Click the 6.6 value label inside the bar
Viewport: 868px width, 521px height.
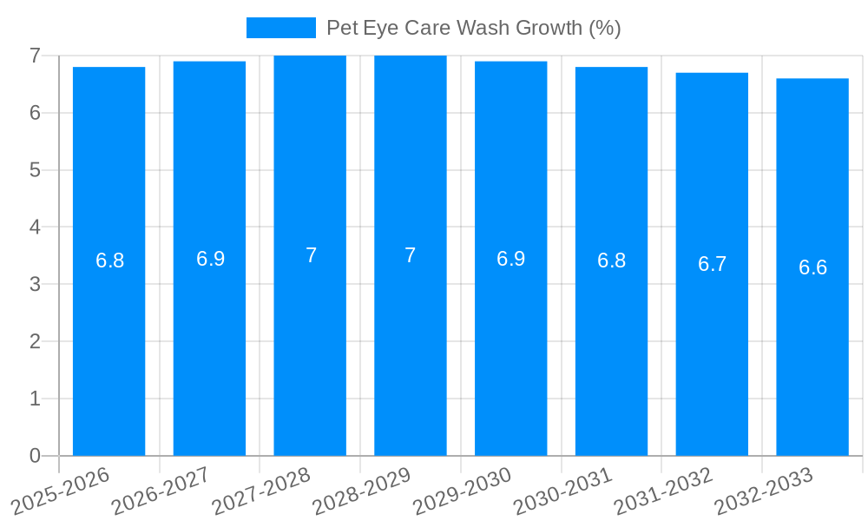(x=812, y=267)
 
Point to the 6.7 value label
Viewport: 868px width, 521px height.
(x=712, y=264)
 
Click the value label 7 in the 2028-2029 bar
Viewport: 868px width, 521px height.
(x=411, y=255)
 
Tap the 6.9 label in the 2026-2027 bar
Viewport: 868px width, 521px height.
(x=210, y=259)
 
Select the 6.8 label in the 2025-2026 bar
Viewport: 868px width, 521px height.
(x=109, y=260)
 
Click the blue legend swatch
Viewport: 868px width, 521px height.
(x=280, y=28)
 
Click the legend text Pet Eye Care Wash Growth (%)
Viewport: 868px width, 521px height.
(x=473, y=28)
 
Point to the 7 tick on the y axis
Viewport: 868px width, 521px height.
(x=35, y=56)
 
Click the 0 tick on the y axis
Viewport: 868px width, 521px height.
(x=35, y=456)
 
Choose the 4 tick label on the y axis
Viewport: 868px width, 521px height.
(x=35, y=228)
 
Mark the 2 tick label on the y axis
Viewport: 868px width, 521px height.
(x=35, y=341)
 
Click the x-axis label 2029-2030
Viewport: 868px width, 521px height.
(x=463, y=491)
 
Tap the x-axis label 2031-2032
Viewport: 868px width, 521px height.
(x=664, y=491)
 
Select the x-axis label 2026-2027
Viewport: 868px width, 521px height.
(x=161, y=491)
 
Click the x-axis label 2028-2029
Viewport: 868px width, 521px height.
(x=362, y=491)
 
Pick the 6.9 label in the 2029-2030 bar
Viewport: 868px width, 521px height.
(x=510, y=259)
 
